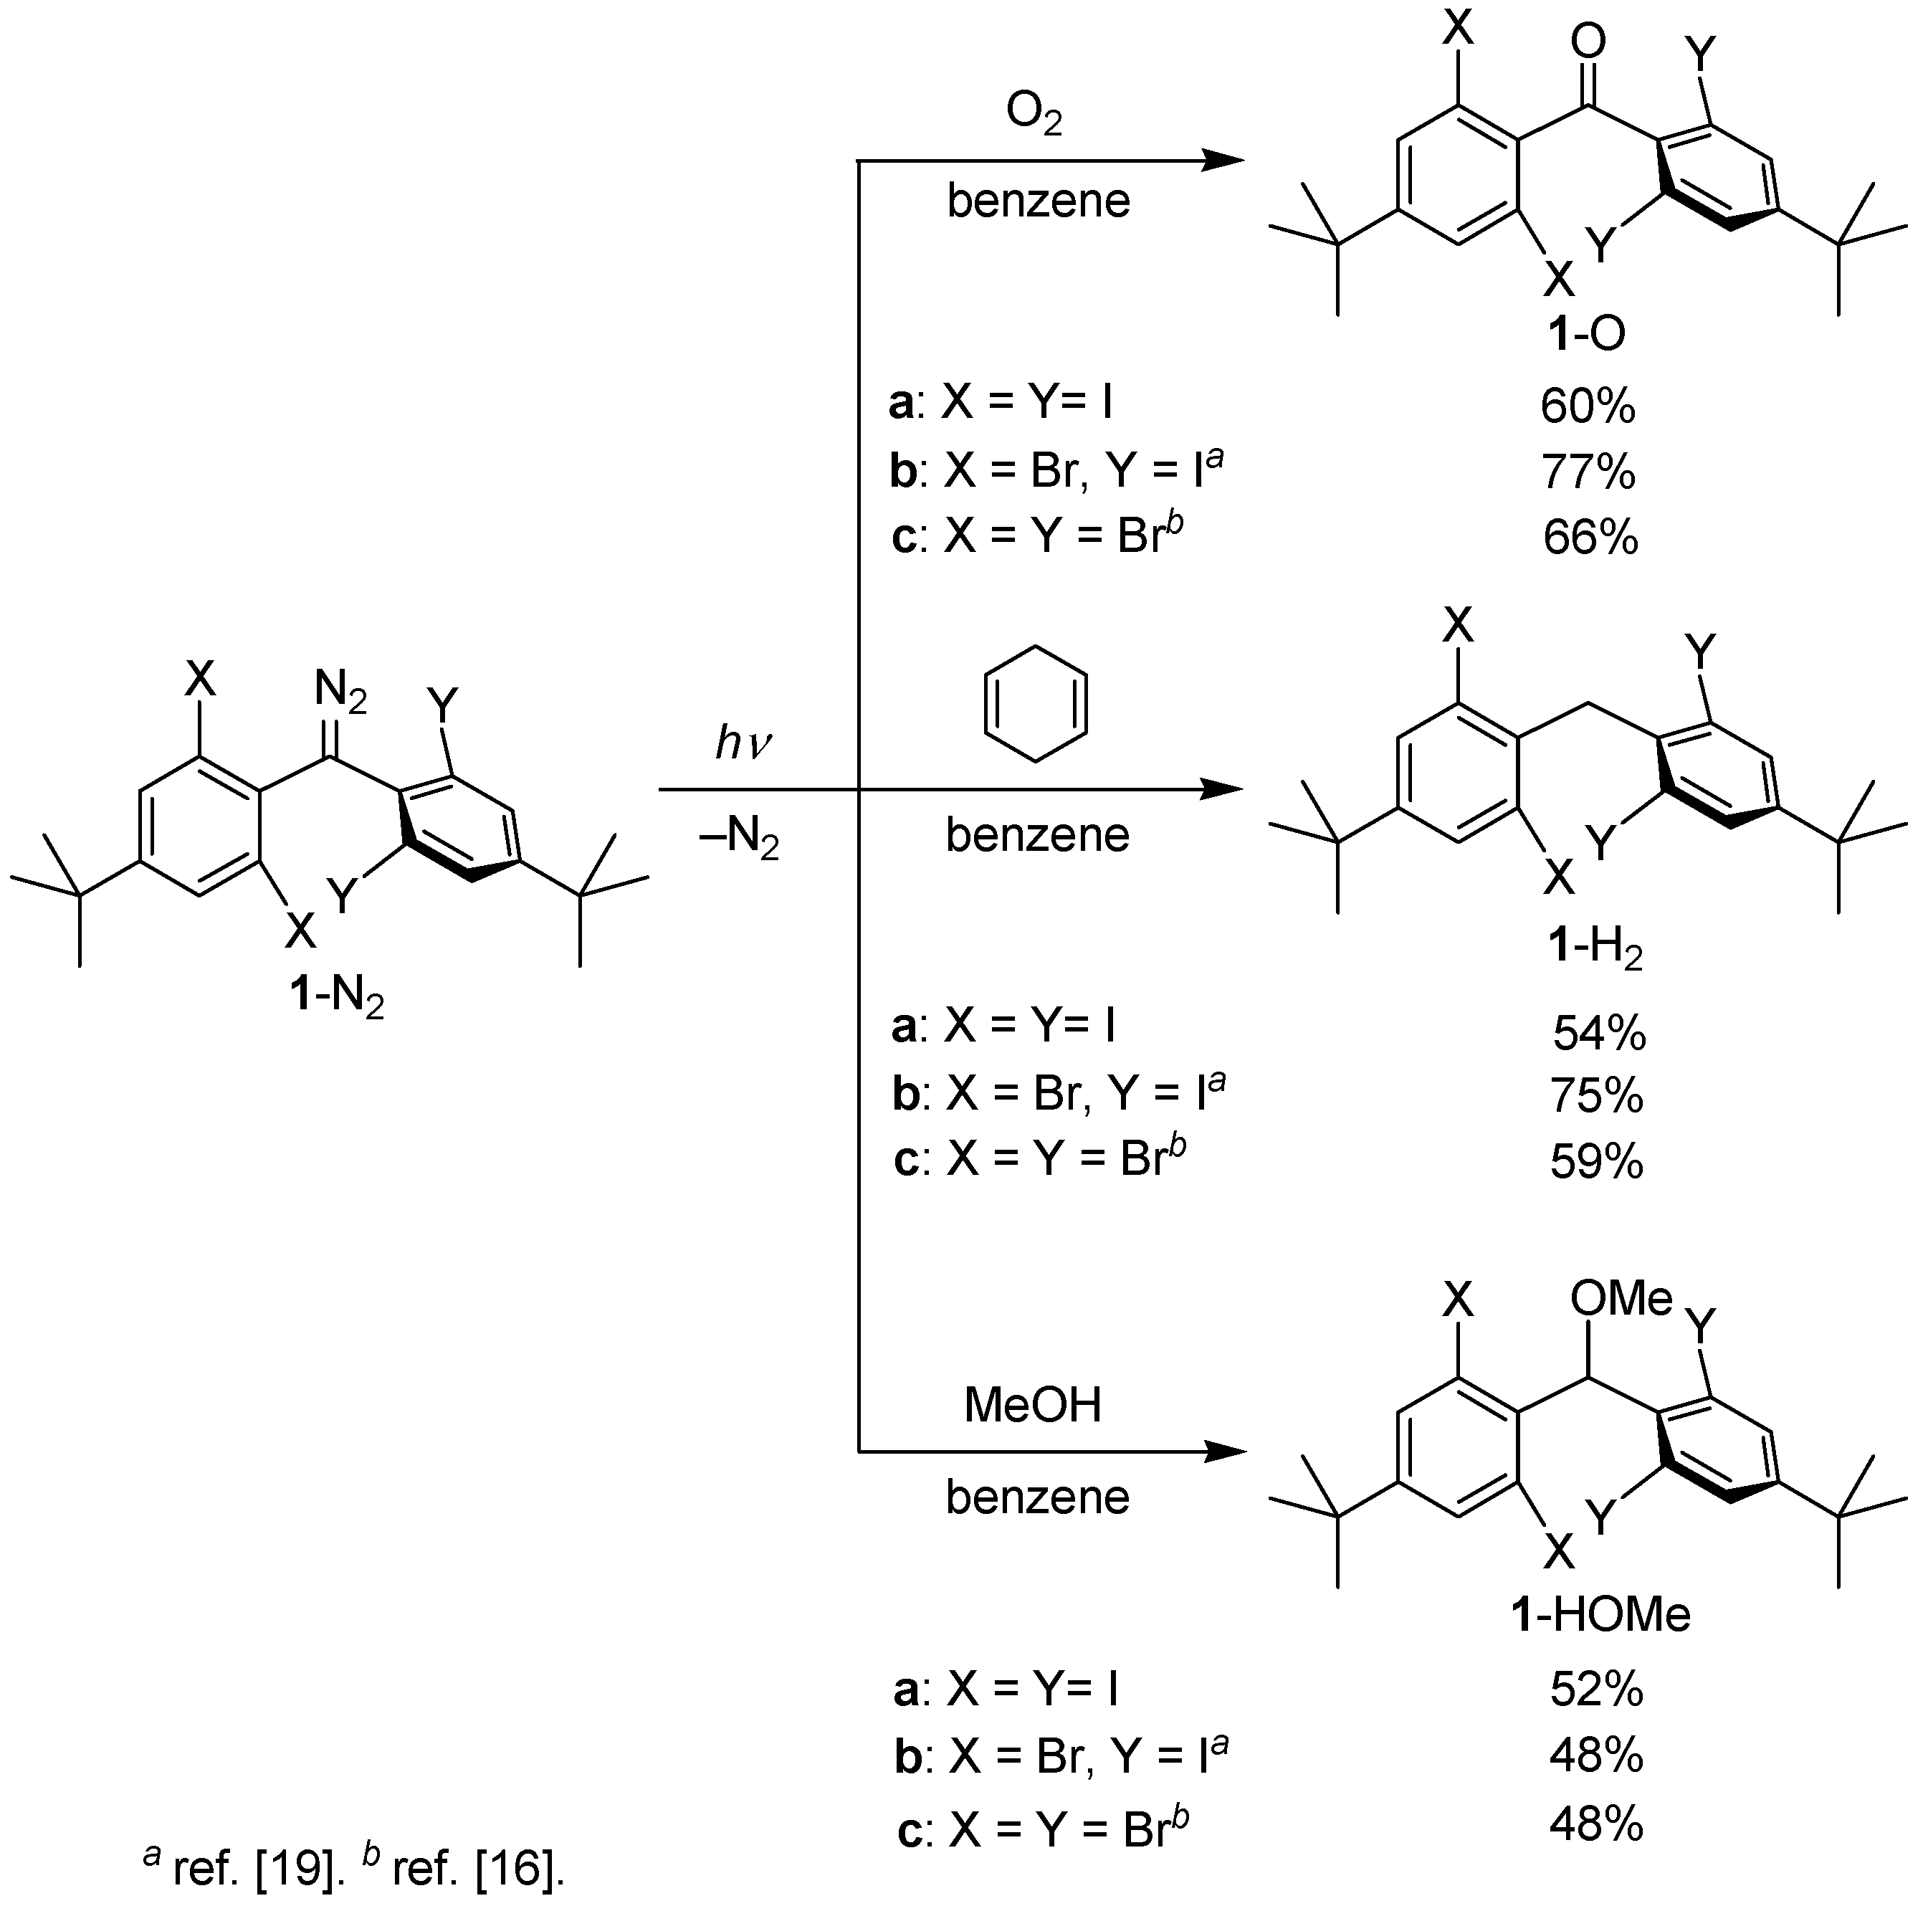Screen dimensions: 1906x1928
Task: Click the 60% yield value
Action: point(1587,407)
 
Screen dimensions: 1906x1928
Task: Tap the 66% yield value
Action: point(1590,538)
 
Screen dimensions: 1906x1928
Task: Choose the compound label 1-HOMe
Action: point(1600,1614)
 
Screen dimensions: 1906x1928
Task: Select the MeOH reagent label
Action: point(1033,1405)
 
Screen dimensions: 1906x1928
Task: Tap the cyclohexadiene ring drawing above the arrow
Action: point(1036,705)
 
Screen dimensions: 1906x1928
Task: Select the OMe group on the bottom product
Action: point(1621,1298)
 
